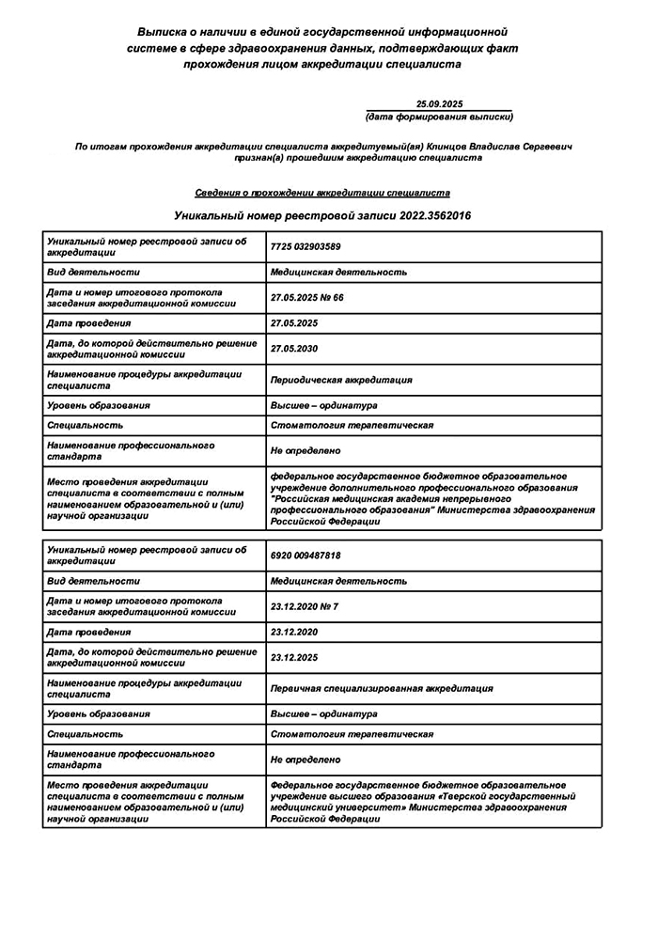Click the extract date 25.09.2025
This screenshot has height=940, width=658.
point(439,103)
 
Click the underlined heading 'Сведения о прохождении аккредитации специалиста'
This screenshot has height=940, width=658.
point(322,193)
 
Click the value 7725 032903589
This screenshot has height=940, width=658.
point(305,246)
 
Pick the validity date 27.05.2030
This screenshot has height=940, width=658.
point(293,349)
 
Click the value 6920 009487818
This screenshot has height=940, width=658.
point(305,556)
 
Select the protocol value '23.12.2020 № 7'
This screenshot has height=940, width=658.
point(304,606)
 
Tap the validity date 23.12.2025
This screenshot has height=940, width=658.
point(293,657)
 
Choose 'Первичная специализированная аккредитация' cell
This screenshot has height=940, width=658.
point(381,688)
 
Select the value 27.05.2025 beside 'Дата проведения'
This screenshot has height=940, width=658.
point(293,323)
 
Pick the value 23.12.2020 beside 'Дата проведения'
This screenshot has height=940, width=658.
point(293,632)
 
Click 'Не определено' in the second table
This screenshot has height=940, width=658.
point(305,759)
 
